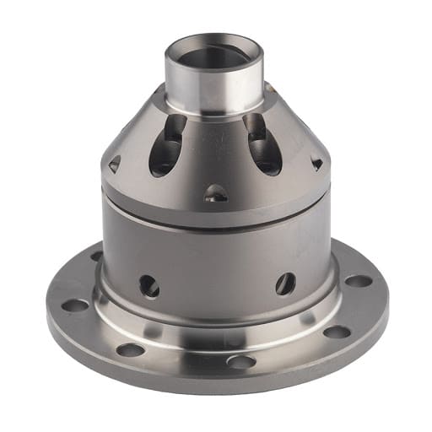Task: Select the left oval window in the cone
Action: point(168,146)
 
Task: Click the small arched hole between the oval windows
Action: point(216,193)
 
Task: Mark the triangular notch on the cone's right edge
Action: point(316,162)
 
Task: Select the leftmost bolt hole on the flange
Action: point(74,305)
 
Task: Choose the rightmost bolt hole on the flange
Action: point(359,281)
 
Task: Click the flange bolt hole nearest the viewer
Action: point(240,361)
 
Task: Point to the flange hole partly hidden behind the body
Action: point(96,255)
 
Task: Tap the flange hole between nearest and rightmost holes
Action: point(337,332)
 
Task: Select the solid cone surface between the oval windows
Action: point(216,148)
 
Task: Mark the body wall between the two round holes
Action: point(216,270)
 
